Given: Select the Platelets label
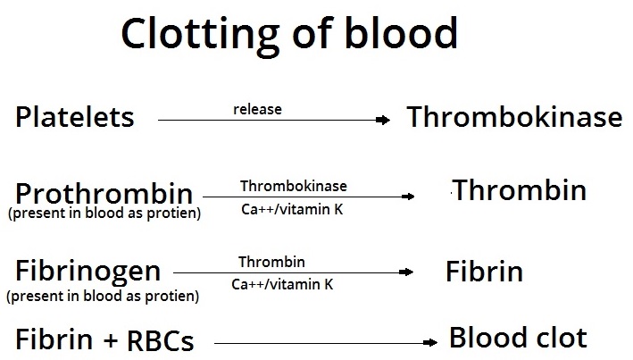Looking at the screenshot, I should [x=75, y=117].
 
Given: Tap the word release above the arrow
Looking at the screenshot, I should [x=257, y=110].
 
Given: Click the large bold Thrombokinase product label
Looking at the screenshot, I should [x=514, y=117].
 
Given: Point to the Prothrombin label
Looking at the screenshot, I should [x=104, y=193].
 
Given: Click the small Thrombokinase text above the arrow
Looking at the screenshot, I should [x=294, y=186].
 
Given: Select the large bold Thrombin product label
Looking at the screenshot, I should [x=520, y=190].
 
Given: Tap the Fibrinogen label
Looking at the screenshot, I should [x=87, y=270].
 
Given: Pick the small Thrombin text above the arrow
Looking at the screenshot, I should [x=271, y=262].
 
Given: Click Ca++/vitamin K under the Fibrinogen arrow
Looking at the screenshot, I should [x=282, y=285].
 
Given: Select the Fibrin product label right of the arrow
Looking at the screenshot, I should [x=484, y=272].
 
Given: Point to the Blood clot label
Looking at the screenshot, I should [x=518, y=338].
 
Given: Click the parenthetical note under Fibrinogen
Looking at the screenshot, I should [x=102, y=294].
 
